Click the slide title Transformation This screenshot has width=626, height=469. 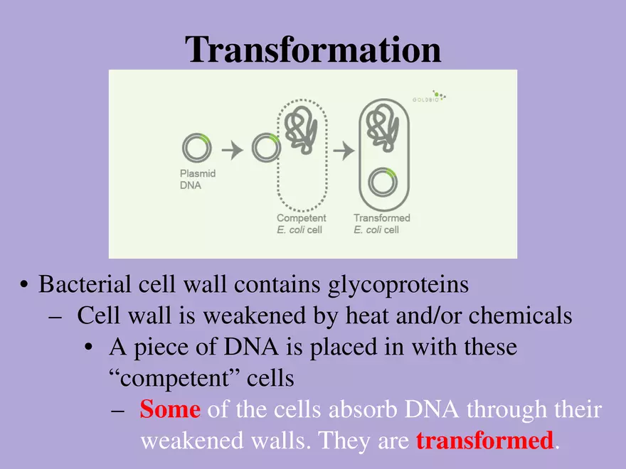[313, 50]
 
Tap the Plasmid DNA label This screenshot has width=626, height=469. [198, 179]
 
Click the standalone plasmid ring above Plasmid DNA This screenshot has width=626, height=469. [196, 148]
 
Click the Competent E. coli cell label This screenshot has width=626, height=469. [301, 224]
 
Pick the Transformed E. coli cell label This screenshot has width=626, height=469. [381, 224]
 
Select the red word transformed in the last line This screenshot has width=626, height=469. [484, 441]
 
